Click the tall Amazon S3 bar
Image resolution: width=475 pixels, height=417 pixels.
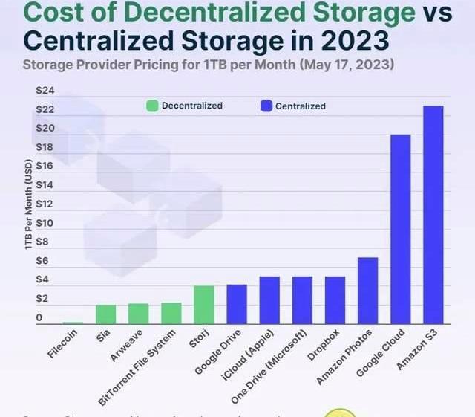(433, 215)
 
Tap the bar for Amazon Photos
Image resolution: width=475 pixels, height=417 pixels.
(367, 291)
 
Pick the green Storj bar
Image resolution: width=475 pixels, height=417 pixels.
(203, 305)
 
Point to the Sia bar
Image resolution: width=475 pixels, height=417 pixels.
(105, 314)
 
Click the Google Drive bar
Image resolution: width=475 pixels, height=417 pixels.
(236, 304)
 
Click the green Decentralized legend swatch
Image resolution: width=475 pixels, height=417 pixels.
(152, 106)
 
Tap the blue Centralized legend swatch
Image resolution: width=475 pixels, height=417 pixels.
(266, 106)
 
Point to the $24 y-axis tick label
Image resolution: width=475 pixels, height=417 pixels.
(45, 91)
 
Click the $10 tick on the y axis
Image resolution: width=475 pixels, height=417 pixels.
(45, 223)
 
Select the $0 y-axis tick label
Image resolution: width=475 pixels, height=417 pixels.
(39, 318)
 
